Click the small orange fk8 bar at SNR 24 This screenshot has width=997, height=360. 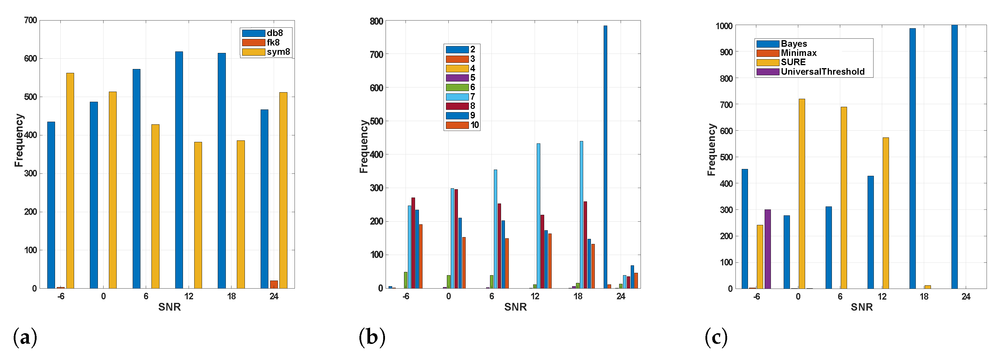click(x=274, y=284)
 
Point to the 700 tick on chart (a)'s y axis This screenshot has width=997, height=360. click(x=31, y=20)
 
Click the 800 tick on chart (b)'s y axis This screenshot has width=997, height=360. click(x=376, y=21)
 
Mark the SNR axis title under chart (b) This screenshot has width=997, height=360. click(x=515, y=307)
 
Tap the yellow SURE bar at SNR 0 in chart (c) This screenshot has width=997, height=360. click(x=802, y=194)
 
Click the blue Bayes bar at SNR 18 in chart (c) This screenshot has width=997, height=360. click(x=912, y=158)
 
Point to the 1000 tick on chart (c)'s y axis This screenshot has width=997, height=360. click(x=724, y=26)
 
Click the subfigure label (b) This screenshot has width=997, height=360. click(x=372, y=337)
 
